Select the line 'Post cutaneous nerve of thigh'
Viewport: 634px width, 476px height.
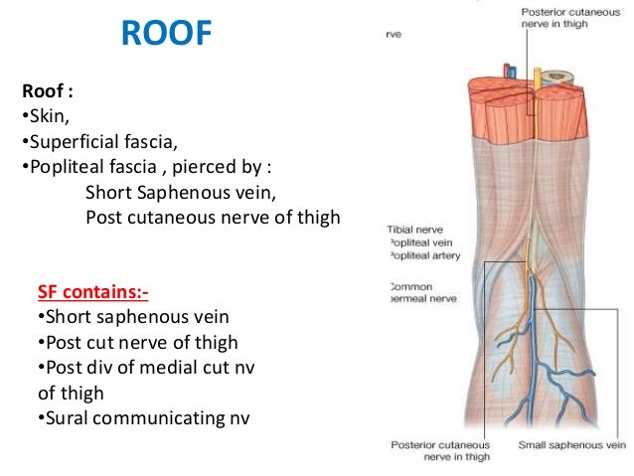pyautogui.click(x=213, y=216)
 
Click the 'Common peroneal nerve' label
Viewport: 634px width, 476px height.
pyautogui.click(x=409, y=291)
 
